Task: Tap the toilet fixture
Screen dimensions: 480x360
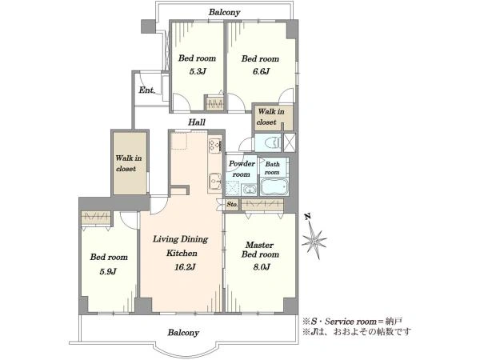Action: point(274,142)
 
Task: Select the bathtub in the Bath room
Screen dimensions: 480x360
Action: point(274,186)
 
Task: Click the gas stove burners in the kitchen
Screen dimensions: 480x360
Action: point(215,146)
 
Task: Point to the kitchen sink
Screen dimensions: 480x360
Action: point(215,182)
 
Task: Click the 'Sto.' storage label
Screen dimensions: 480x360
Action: point(232,204)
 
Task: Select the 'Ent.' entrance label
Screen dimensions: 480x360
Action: point(147,90)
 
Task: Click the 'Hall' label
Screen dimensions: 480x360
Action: point(197,122)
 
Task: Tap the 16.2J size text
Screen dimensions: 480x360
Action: point(185,267)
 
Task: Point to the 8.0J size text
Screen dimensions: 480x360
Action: point(262,267)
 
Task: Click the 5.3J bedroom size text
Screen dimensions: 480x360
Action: point(198,72)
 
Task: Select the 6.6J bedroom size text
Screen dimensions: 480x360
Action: point(261,72)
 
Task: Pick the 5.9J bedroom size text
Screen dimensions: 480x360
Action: point(108,271)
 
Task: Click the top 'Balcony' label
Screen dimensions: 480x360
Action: point(224,12)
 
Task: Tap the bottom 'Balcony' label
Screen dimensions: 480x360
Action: point(183,333)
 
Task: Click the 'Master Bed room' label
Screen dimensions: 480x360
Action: point(260,250)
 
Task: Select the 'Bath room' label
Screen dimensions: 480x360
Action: point(272,168)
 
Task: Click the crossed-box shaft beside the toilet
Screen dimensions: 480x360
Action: point(290,142)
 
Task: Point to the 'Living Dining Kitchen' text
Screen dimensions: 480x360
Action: point(181,246)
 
